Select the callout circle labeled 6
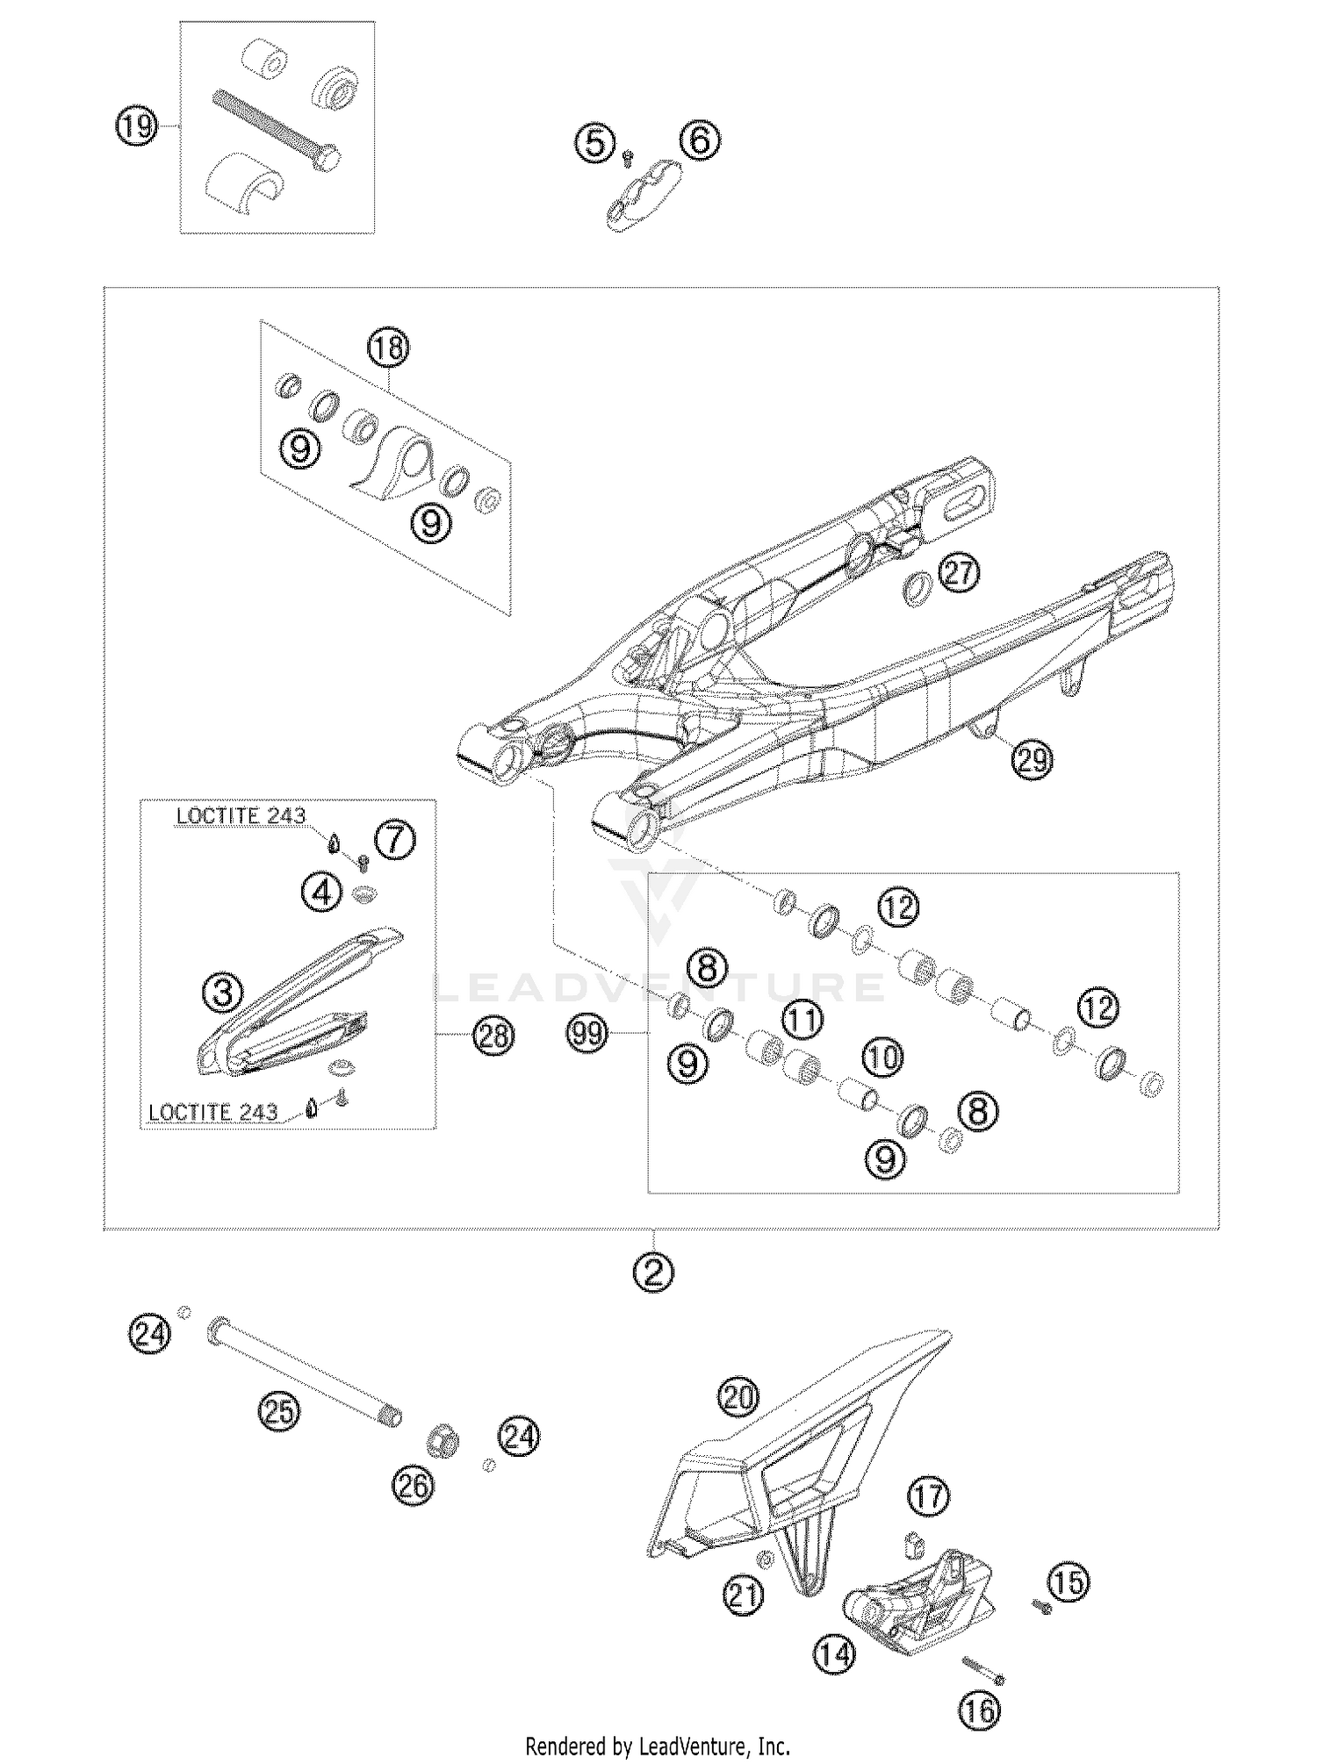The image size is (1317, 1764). click(x=700, y=140)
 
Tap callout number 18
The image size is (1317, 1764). click(x=388, y=348)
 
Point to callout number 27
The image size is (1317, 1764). click(x=959, y=572)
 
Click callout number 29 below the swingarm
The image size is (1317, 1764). click(x=1032, y=759)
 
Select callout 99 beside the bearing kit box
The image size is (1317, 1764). click(x=587, y=1033)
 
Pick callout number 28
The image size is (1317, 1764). click(x=493, y=1036)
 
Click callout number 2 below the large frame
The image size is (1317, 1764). click(x=653, y=1272)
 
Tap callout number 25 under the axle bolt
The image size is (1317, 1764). click(x=278, y=1411)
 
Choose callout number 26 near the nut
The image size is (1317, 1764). click(x=413, y=1486)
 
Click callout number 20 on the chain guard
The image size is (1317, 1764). click(x=738, y=1396)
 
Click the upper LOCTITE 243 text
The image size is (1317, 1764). click(x=241, y=815)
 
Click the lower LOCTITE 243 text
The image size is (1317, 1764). click(x=212, y=1112)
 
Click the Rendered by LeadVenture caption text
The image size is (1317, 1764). click(x=658, y=1746)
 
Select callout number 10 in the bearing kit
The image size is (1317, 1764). click(x=883, y=1058)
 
